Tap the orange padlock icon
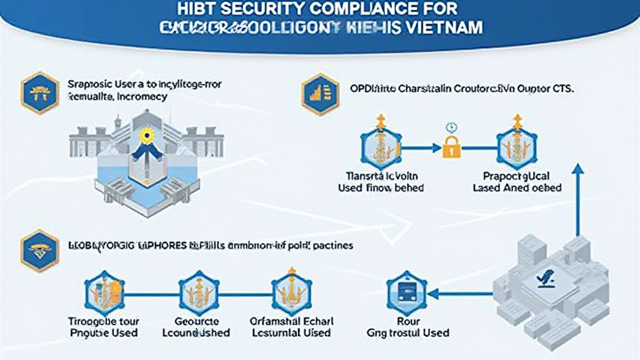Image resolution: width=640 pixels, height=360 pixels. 451,147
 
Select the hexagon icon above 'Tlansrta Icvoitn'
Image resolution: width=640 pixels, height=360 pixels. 380,148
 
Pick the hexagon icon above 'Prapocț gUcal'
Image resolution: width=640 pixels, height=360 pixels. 516,148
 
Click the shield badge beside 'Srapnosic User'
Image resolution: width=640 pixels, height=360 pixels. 40,92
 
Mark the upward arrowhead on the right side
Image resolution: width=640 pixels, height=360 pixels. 577,169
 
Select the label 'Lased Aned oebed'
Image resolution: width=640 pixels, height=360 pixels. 517,187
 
